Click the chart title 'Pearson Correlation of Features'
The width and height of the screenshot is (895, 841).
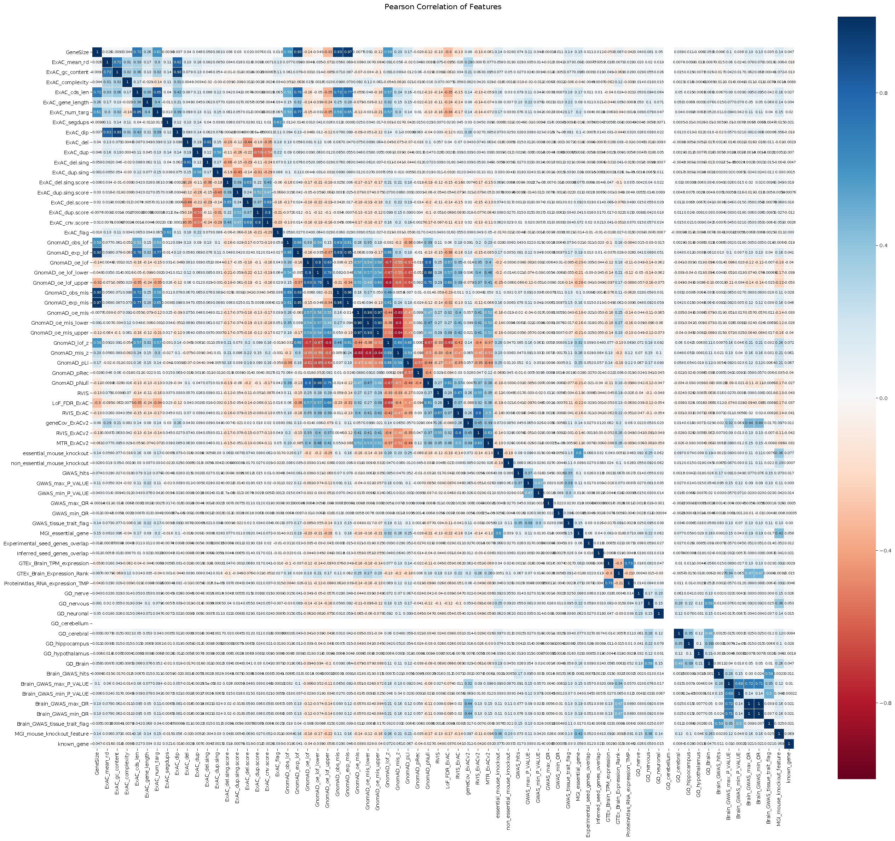pos(443,7)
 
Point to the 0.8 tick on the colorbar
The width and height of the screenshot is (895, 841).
pos(883,93)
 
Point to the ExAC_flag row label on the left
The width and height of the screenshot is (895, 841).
pos(76,233)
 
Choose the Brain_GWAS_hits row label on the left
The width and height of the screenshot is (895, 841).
pos(68,674)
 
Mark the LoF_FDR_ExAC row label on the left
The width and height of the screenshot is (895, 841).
pos(68,403)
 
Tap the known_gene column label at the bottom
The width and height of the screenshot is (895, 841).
pos(789,765)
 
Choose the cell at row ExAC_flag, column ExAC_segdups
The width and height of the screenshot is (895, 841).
pos(167,233)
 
